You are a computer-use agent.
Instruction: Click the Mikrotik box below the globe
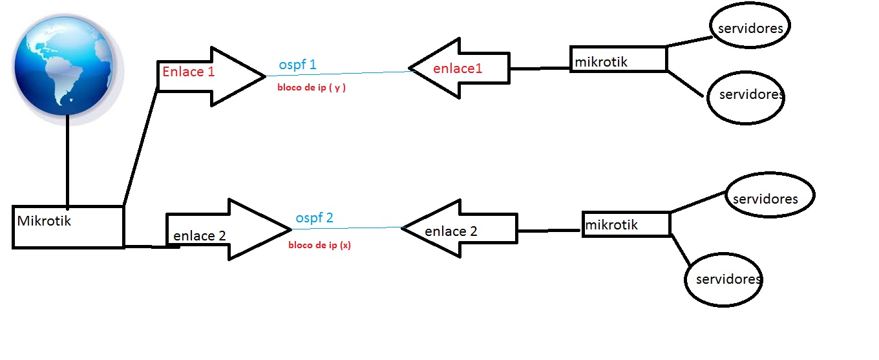(68, 226)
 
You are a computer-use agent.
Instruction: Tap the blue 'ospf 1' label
(297, 65)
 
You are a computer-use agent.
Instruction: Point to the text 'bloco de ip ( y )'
(312, 87)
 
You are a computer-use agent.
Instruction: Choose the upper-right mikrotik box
(618, 59)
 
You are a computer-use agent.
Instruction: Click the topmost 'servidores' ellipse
(750, 28)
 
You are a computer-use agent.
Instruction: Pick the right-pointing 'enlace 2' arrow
(226, 230)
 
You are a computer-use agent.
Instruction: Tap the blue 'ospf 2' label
(314, 218)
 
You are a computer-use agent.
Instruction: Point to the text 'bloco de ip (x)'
(319, 246)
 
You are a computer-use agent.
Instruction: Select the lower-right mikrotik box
(626, 224)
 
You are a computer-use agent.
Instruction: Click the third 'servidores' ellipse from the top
(770, 195)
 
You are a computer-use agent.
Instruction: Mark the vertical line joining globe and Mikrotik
(67, 162)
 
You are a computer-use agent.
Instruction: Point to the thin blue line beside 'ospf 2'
(368, 228)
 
